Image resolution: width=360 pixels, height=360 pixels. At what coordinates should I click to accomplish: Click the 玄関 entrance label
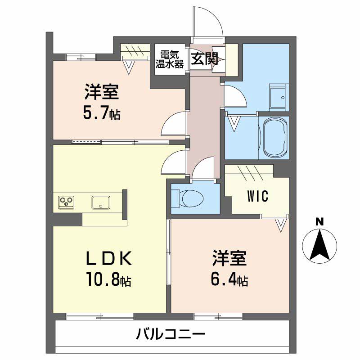click(x=205, y=58)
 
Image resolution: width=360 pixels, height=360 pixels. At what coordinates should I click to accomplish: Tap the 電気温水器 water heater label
click(x=170, y=59)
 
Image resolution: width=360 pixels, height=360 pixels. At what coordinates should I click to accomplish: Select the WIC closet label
click(x=258, y=196)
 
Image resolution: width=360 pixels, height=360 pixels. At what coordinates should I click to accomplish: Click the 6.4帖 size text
click(x=229, y=280)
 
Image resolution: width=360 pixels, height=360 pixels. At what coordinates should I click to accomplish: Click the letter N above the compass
click(x=319, y=221)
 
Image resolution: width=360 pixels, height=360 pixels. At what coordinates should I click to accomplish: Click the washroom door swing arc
click(x=235, y=96)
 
